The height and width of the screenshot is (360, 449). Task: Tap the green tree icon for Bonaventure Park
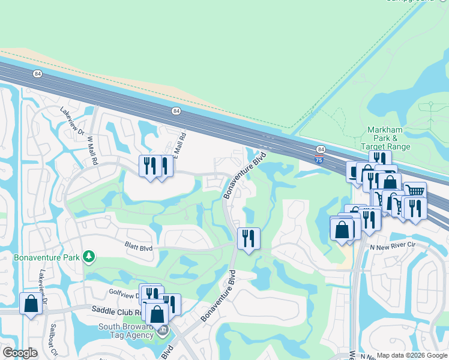pos(89,257)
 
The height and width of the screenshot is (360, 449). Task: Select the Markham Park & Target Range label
pos(385,139)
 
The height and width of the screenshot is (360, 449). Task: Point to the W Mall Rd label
pos(92,146)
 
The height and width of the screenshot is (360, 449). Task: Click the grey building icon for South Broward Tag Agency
pos(163,330)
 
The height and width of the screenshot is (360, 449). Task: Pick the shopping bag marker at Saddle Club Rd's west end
pos(31,303)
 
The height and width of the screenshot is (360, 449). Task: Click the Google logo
pos(20,353)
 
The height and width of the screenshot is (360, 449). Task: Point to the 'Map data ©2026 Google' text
pos(411,355)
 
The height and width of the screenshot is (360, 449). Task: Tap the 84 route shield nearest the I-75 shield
pos(321,149)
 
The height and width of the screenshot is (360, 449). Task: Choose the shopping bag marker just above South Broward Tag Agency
pos(157,313)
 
